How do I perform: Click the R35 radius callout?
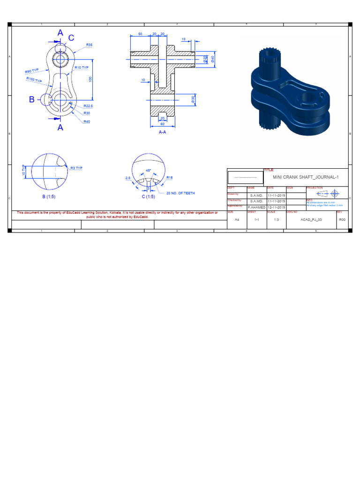pyautogui.click(x=89, y=45)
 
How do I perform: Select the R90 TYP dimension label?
pyautogui.click(x=32, y=71)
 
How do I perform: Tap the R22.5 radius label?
pyautogui.click(x=88, y=106)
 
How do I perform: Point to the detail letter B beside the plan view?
pyautogui.click(x=32, y=99)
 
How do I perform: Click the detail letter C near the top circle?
pyautogui.click(x=71, y=38)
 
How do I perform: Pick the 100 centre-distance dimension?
pyautogui.click(x=90, y=80)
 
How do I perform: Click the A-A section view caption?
pyautogui.click(x=163, y=132)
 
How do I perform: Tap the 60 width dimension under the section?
pyautogui.click(x=162, y=124)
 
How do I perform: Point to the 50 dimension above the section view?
pyautogui.click(x=140, y=34)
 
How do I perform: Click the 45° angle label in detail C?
pyautogui.click(x=149, y=171)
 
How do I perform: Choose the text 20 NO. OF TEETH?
pyautogui.click(x=180, y=193)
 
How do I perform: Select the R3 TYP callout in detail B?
pyautogui.click(x=76, y=168)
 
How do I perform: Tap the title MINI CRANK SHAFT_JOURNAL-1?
pyautogui.click(x=305, y=177)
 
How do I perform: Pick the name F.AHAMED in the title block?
pyautogui.click(x=256, y=207)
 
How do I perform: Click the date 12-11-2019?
pyautogui.click(x=276, y=207)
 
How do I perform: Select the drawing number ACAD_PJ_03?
pyautogui.click(x=311, y=219)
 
